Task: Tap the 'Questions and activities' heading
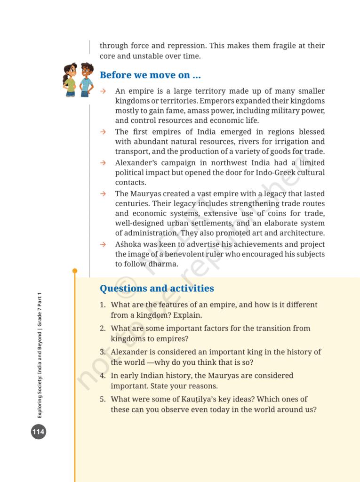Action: (157, 289)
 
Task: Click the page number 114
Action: (39, 431)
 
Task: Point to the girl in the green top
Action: (70, 80)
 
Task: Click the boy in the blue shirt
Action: (86, 79)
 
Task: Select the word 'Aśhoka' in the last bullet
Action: (127, 244)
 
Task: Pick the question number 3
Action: (102, 352)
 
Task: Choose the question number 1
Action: (102, 305)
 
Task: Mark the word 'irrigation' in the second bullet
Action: (274, 142)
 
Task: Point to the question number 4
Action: (102, 376)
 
